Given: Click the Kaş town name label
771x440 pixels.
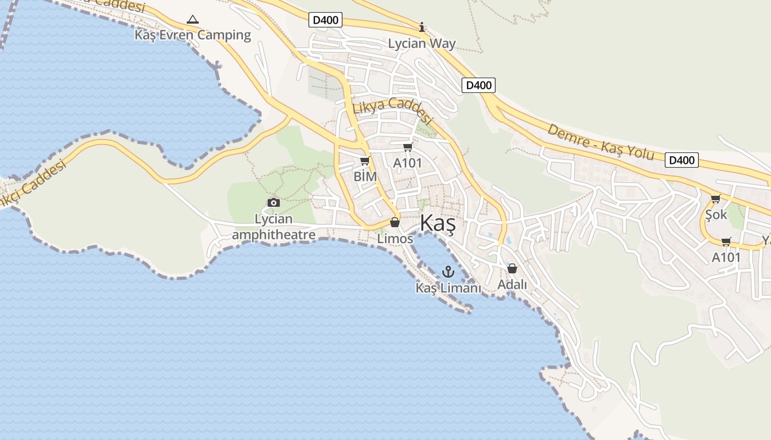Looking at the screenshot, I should (x=438, y=224).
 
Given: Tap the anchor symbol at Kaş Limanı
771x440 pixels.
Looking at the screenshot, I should (x=448, y=272).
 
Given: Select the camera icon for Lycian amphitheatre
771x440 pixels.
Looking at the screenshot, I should (x=273, y=203).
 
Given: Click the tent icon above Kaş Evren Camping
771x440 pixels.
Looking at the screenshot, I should (x=192, y=20).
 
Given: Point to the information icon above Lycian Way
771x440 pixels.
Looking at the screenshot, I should (x=422, y=26).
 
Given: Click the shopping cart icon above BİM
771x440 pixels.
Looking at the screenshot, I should (x=365, y=161).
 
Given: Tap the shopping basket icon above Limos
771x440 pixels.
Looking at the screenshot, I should (x=395, y=223).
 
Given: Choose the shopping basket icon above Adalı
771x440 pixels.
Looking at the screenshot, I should (x=512, y=268).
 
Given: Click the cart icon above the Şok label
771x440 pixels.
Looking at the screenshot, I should (x=715, y=199).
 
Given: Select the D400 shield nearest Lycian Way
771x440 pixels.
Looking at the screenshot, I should (x=478, y=85).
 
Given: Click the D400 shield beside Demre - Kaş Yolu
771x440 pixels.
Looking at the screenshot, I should (x=682, y=160).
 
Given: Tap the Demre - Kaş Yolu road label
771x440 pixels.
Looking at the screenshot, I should (x=601, y=142).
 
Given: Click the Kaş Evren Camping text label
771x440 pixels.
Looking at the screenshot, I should (x=193, y=35).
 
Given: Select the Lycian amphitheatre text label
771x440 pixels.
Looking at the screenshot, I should (x=274, y=227).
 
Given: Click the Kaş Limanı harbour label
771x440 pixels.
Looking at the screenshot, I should (x=448, y=288).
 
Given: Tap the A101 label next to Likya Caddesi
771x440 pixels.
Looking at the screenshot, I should (x=408, y=163).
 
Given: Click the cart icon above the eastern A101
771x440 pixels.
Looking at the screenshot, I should (x=726, y=241).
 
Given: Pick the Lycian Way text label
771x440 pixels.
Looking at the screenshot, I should (x=422, y=43).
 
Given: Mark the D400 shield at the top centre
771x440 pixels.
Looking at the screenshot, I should (x=325, y=20).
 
